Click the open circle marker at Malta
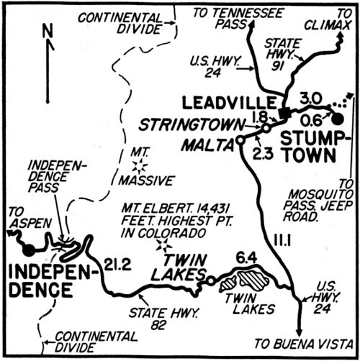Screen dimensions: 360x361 click(x=240, y=141)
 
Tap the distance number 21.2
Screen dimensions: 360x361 click(x=118, y=264)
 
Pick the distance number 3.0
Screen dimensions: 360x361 click(x=310, y=96)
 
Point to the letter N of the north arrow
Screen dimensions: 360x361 click(x=48, y=30)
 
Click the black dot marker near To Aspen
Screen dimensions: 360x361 click(x=30, y=250)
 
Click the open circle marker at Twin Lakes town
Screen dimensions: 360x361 click(x=210, y=281)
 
